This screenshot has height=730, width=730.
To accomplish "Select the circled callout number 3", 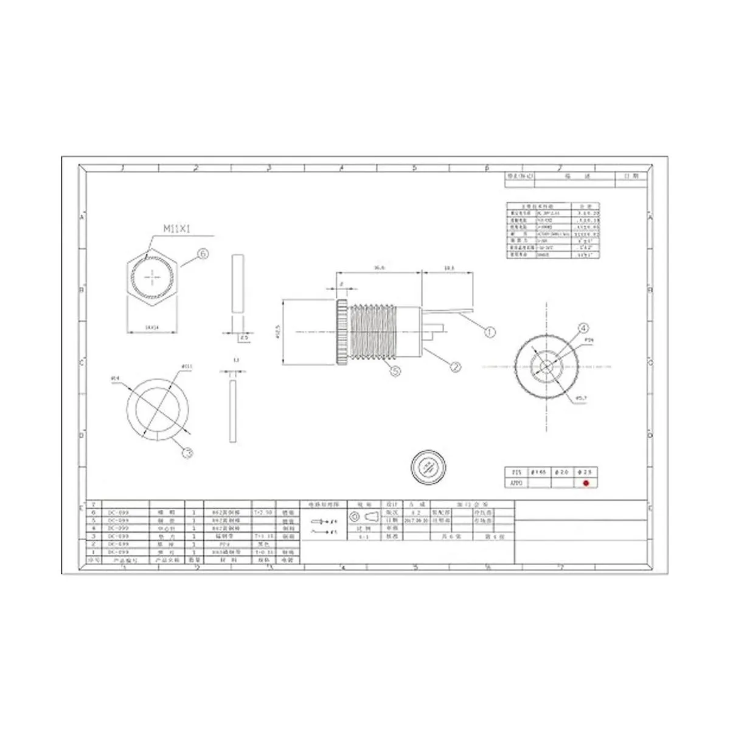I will (188, 452).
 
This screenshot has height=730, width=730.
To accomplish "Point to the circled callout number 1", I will (489, 332).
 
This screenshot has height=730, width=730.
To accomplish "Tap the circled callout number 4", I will (583, 328).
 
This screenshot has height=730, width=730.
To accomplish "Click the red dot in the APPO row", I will (586, 483).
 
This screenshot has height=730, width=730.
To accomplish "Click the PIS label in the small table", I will (516, 472).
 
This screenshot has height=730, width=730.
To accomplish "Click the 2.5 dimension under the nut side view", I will (243, 336).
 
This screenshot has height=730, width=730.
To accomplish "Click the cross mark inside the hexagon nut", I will (151, 277).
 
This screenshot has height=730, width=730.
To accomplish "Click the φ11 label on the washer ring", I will (187, 366).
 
